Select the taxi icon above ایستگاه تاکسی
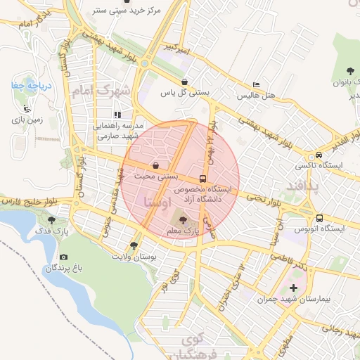click(x=319, y=155)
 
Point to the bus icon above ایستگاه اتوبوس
click(x=319, y=218)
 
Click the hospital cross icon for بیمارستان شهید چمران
click(x=293, y=288)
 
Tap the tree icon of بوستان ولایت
click(x=133, y=245)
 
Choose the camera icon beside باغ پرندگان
click(x=64, y=257)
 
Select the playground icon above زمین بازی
click(x=27, y=109)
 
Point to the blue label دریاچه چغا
click(x=27, y=85)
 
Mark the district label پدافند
click(x=303, y=186)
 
